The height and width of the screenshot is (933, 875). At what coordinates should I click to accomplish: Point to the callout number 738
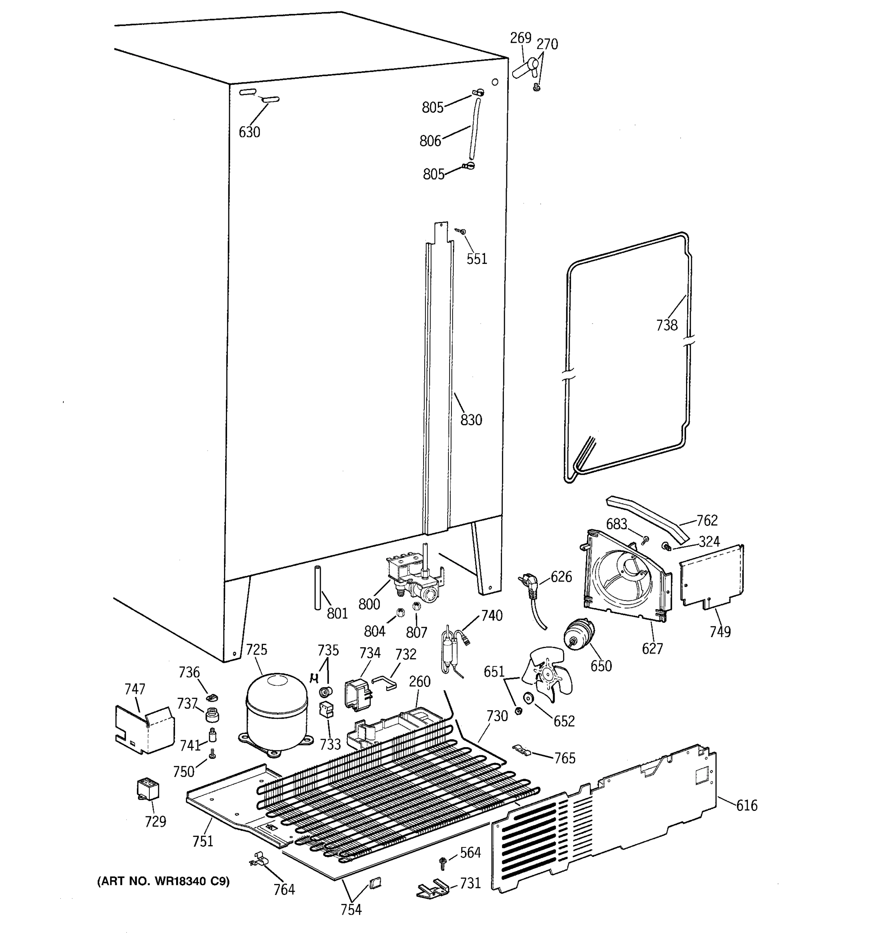667,325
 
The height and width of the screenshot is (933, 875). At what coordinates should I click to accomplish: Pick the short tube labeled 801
318,588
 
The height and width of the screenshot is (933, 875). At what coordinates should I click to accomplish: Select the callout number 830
471,419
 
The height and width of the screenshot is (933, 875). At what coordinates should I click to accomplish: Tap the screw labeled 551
462,231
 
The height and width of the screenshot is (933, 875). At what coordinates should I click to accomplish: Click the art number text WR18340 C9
163,881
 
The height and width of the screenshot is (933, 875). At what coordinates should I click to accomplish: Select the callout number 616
746,805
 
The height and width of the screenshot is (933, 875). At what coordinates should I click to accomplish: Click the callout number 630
249,132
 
